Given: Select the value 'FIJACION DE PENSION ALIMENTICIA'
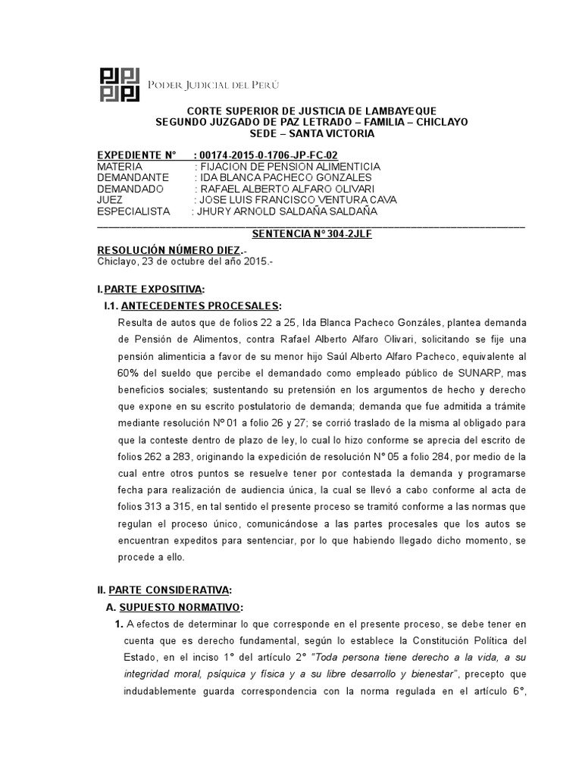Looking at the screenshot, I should point(287,167).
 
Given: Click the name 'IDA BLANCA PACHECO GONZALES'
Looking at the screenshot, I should point(286,177).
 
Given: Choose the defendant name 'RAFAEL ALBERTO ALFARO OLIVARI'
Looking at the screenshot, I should point(287,189).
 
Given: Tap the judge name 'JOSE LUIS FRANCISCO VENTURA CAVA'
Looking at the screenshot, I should point(296,200).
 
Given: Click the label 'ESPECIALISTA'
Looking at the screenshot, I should point(135,211).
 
